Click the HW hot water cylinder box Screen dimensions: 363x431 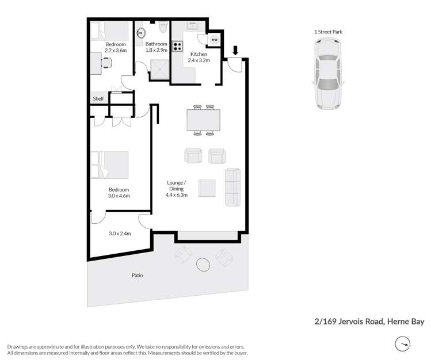[214, 40]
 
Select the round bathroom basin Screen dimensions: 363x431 [141, 33]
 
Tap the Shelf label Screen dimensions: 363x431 [98, 99]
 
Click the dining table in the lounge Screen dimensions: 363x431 [203, 120]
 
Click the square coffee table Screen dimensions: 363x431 [207, 188]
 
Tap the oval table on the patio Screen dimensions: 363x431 [204, 265]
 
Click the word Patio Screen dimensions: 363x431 [137, 276]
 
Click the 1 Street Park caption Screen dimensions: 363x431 [328, 32]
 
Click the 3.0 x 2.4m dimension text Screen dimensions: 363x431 [120, 234]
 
